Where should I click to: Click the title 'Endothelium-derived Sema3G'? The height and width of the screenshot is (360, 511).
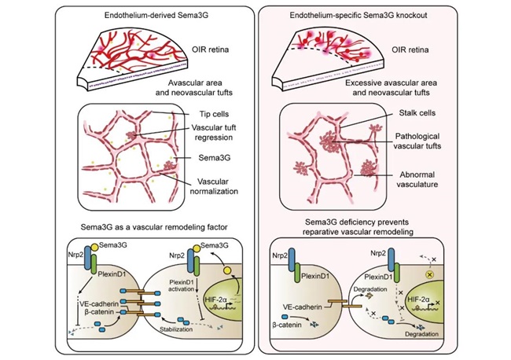(156, 15)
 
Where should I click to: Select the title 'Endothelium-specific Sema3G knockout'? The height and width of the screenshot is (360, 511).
(358, 15)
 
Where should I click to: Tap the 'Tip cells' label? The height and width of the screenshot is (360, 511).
(214, 114)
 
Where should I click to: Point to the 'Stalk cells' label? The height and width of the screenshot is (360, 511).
(417, 113)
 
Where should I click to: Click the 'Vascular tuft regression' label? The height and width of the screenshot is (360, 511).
(214, 132)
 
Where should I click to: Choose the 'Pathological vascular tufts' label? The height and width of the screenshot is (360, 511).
(417, 141)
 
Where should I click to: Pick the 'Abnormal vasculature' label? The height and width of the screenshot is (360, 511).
(417, 179)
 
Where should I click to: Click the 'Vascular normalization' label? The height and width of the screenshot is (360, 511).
(214, 186)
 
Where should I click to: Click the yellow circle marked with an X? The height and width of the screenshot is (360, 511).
(429, 274)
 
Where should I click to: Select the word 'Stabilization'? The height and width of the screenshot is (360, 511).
(176, 329)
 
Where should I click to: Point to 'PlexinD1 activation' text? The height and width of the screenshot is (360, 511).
(182, 285)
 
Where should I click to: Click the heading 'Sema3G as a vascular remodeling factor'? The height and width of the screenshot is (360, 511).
(154, 227)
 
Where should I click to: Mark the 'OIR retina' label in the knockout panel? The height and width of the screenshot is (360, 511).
(410, 50)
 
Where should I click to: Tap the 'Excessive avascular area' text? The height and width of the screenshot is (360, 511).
(391, 83)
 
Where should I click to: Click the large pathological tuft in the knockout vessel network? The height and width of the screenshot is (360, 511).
(329, 143)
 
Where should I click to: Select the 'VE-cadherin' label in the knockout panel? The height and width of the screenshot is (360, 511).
(302, 307)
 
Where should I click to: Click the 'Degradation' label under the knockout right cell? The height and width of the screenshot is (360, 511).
(421, 334)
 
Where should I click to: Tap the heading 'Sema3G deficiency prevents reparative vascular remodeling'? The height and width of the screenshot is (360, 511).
(358, 227)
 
